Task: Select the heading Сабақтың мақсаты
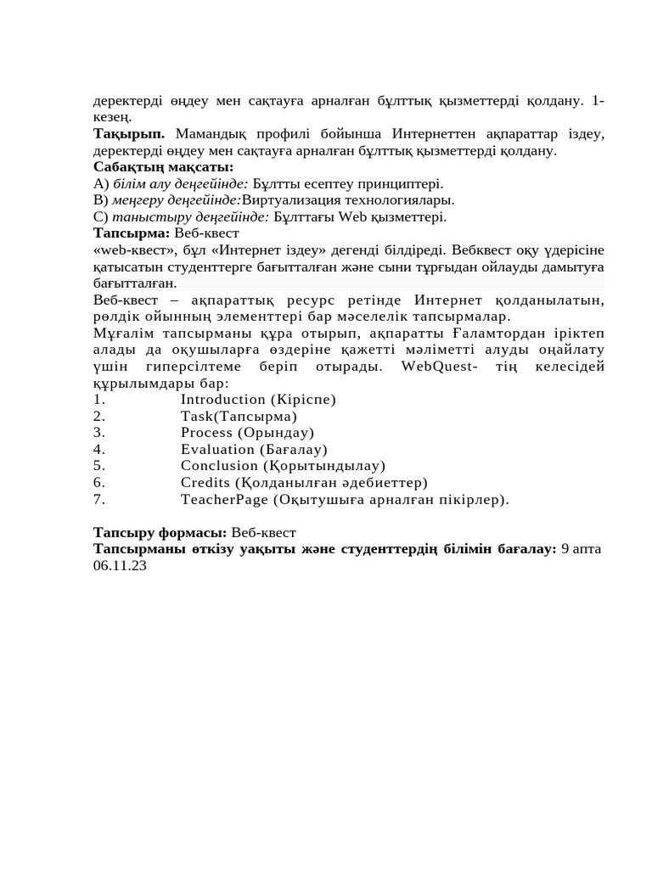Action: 163,167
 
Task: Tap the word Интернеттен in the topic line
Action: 434,134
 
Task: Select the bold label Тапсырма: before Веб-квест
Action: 132,233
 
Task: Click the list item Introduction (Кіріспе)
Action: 258,400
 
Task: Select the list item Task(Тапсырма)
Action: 239,417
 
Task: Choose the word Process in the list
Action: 206,433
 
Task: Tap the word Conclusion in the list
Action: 219,466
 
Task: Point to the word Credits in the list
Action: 205,483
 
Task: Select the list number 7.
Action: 98,500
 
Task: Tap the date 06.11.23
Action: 120,566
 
